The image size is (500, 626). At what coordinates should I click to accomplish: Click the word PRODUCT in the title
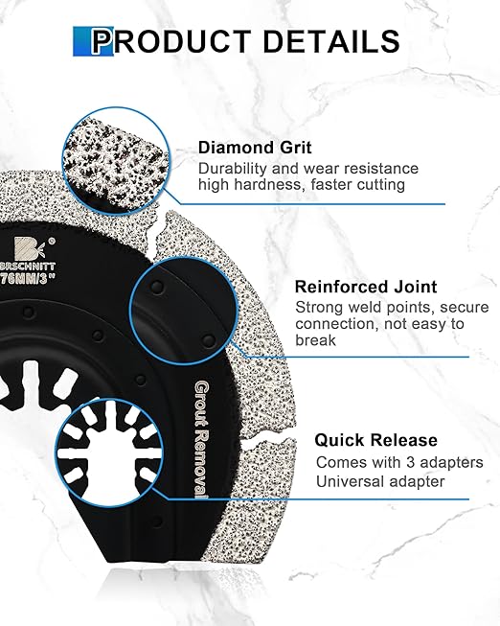pyautogui.click(x=170, y=41)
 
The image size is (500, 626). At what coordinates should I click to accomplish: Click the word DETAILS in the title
pyautogui.click(x=331, y=41)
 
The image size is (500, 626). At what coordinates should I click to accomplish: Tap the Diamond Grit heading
pyautogui.click(x=255, y=148)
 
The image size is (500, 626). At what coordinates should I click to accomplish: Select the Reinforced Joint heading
pyautogui.click(x=366, y=287)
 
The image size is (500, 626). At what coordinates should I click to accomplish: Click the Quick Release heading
pyautogui.click(x=375, y=440)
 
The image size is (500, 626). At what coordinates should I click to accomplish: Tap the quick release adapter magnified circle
pyautogui.click(x=110, y=452)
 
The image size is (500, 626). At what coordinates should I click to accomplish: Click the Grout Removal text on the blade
pyautogui.click(x=201, y=440)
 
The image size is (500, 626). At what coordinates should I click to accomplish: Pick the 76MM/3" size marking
pyautogui.click(x=26, y=278)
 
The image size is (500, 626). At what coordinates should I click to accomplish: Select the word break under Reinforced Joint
pyautogui.click(x=316, y=340)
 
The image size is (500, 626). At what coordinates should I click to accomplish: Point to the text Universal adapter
pyautogui.click(x=380, y=481)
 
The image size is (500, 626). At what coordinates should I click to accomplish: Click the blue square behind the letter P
pyautogui.click(x=93, y=41)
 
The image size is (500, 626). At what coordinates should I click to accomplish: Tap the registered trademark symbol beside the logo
pyautogui.click(x=51, y=242)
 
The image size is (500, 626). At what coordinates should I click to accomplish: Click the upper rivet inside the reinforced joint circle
pyautogui.click(x=157, y=287)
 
